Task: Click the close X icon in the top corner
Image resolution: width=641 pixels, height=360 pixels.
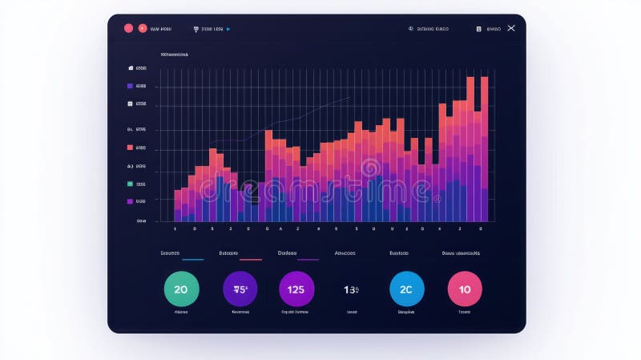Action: point(511,28)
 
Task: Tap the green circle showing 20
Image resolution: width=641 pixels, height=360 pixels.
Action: point(180,289)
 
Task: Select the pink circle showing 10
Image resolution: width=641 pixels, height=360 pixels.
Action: point(465,289)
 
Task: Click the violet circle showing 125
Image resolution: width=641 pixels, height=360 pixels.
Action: point(296,289)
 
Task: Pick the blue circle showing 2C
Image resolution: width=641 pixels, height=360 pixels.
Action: point(406,289)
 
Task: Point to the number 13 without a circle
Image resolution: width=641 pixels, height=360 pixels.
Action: point(351,289)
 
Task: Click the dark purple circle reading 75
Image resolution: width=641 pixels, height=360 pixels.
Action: point(240,289)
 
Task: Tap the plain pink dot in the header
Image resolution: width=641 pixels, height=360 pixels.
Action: point(128,28)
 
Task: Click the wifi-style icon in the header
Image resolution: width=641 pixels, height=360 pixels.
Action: point(196,29)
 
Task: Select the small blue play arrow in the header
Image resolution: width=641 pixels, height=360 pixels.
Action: point(228,29)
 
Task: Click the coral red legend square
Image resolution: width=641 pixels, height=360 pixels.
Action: point(130,148)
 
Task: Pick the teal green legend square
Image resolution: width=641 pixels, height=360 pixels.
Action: point(130,184)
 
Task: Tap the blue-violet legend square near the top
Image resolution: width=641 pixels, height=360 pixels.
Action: point(130,86)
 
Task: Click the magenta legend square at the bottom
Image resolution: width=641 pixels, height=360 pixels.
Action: point(130,201)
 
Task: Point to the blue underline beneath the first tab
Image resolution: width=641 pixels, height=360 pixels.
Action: point(192,260)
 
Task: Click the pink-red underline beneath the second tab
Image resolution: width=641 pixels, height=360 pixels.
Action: point(251,260)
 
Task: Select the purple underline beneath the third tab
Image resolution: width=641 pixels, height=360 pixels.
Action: point(308,260)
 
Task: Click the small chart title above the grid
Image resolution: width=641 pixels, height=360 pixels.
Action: point(175,55)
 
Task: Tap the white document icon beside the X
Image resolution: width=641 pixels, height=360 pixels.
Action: point(479,29)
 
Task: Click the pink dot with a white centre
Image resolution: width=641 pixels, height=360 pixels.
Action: point(143,28)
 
